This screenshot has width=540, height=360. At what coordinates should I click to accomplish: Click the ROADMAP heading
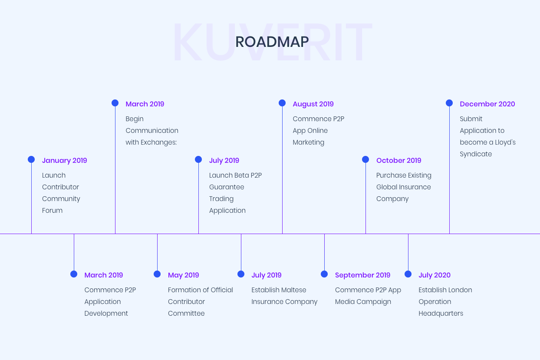point(272,42)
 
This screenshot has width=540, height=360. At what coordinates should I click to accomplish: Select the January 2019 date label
point(64,161)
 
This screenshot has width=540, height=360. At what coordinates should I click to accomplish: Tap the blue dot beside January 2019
point(31,159)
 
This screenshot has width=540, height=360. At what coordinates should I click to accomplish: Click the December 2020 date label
point(487,104)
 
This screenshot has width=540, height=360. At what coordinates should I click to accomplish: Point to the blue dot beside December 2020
point(449,103)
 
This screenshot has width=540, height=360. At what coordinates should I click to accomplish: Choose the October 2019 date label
point(399,160)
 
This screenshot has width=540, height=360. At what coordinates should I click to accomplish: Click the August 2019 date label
point(313,104)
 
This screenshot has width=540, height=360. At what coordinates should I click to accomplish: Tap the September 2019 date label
point(362,275)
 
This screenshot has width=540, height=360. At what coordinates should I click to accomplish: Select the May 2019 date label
point(184,275)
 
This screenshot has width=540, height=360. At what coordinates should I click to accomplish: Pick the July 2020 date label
point(435,275)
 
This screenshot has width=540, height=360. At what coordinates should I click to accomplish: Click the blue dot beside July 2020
point(408,274)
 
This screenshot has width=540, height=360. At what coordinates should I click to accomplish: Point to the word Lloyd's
point(505,142)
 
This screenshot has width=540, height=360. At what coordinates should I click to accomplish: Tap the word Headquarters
point(441,314)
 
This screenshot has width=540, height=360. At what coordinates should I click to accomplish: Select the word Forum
point(52,211)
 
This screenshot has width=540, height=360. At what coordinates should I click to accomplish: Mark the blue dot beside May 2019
point(157,274)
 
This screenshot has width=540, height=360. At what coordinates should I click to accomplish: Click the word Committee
point(186,314)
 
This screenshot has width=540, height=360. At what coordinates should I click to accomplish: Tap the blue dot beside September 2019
point(324,274)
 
